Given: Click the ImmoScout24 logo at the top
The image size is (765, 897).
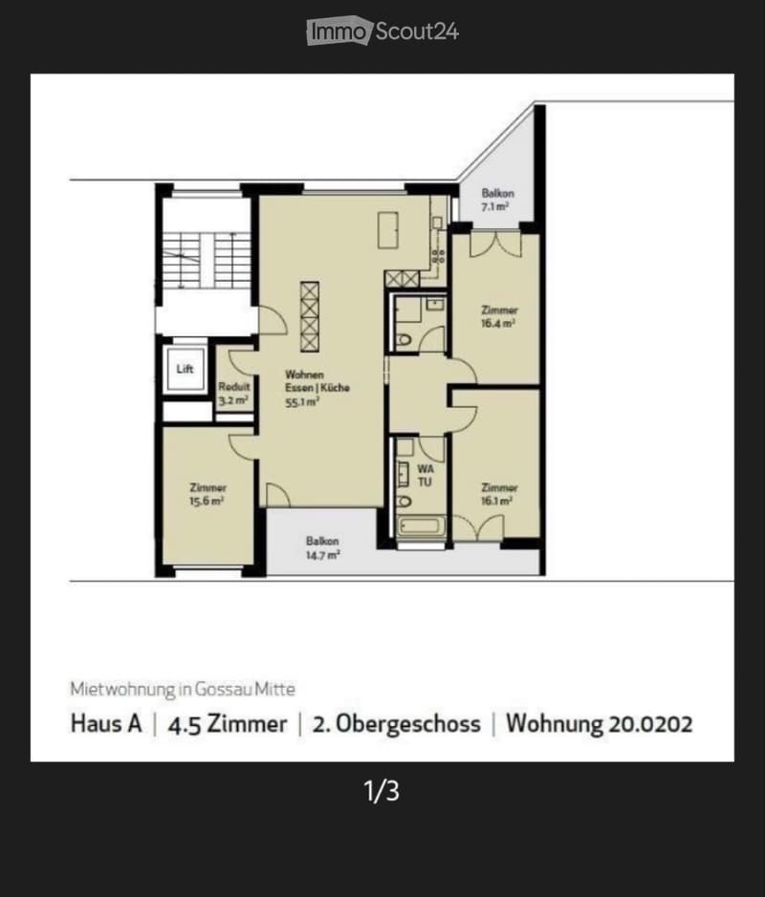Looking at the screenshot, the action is [x=382, y=31].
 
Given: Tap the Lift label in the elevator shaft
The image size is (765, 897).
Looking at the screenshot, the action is [x=185, y=369].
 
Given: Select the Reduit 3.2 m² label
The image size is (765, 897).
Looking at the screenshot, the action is [x=233, y=394].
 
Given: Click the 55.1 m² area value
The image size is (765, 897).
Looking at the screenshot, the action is [x=302, y=402].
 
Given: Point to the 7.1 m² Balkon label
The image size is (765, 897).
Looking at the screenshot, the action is [x=497, y=200].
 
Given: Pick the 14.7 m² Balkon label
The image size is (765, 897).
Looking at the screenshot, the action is [x=323, y=547].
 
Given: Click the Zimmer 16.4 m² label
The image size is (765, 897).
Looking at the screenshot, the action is [x=499, y=316].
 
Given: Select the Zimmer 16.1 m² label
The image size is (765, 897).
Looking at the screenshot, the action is [x=499, y=494].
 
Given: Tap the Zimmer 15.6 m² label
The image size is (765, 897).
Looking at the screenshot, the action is [x=208, y=494].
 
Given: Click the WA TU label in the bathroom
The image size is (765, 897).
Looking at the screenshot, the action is [x=426, y=476].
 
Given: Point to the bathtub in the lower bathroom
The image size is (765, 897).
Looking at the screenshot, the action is [x=421, y=525].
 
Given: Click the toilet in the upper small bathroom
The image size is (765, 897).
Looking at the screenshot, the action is [x=404, y=340].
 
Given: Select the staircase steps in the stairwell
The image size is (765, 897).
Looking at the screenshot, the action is [x=207, y=260].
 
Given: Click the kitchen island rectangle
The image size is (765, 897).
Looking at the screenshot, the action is [x=387, y=230].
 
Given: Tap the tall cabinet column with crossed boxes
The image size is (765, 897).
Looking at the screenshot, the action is [x=309, y=316].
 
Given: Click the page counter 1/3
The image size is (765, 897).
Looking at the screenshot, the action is [x=382, y=791].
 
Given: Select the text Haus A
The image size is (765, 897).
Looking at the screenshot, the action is [x=106, y=724].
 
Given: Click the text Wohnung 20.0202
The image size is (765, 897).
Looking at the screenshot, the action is [x=599, y=724].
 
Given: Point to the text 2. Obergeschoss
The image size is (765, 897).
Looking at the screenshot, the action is [x=396, y=724].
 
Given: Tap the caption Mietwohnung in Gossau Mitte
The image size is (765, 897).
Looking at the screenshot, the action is [x=183, y=689].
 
